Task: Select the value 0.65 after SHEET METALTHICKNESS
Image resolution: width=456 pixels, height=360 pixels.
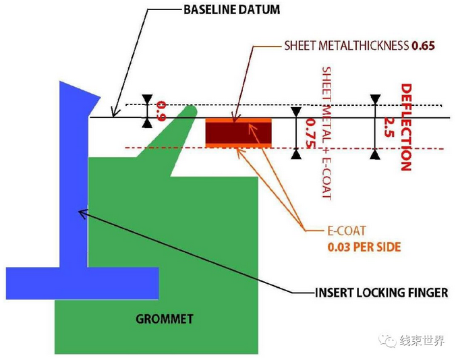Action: pos(422,46)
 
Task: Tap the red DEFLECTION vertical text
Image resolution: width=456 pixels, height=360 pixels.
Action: pos(405,127)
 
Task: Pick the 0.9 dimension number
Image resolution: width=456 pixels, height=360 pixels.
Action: pos(161,111)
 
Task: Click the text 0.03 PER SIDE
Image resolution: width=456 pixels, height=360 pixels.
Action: pos(364,247)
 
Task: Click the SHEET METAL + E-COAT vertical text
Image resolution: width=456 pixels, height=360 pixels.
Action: pos(326,132)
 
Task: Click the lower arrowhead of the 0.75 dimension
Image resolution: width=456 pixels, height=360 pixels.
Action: pos(295,154)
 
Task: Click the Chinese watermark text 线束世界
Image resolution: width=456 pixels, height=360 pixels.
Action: pos(422,341)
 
